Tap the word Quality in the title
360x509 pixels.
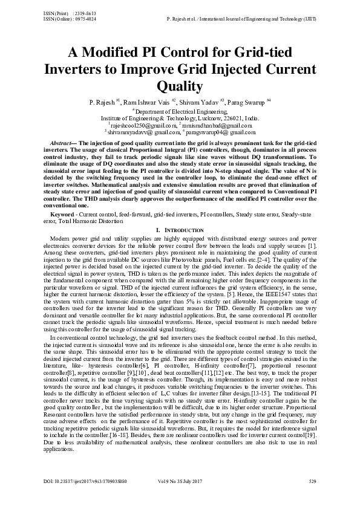(x=180, y=85)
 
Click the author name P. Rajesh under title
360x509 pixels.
(x=103, y=103)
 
